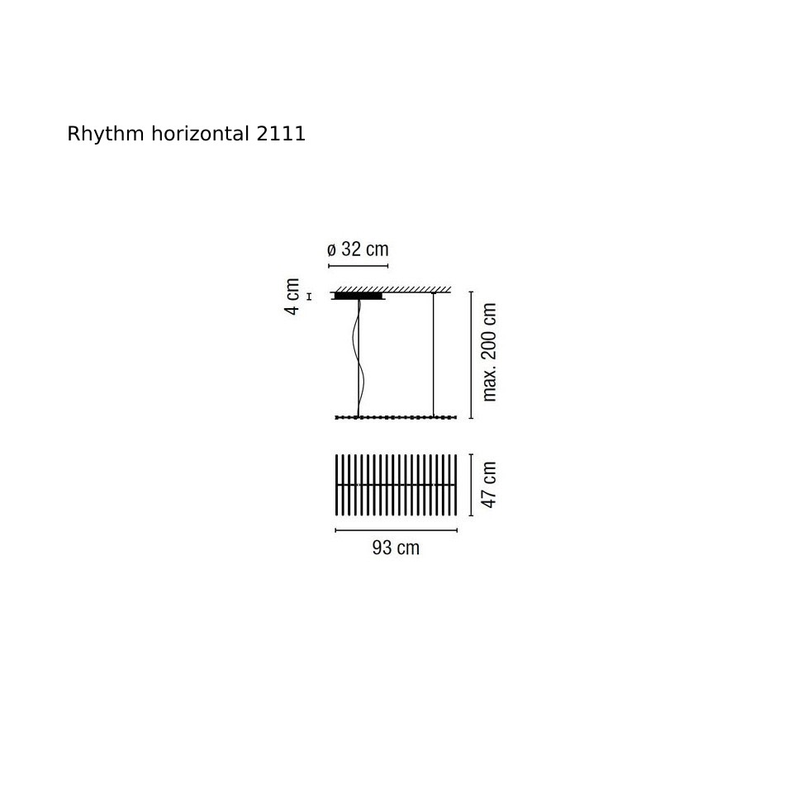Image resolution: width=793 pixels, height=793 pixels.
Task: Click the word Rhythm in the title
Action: click(x=106, y=135)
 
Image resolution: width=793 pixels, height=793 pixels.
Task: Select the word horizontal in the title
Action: click(x=200, y=134)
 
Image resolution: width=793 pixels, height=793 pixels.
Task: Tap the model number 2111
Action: click(x=281, y=134)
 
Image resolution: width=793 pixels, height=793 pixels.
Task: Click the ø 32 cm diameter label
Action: click(x=358, y=249)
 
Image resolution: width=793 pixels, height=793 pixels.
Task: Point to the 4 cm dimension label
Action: click(x=292, y=297)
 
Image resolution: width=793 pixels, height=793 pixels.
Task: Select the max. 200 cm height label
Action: click(x=489, y=352)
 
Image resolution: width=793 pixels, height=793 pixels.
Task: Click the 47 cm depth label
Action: click(x=488, y=485)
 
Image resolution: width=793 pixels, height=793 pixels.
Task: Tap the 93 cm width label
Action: click(x=396, y=548)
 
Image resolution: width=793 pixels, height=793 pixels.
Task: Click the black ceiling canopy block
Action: click(x=358, y=296)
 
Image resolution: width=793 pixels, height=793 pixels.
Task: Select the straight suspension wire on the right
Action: click(x=434, y=354)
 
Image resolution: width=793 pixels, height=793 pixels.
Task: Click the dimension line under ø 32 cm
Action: click(x=358, y=266)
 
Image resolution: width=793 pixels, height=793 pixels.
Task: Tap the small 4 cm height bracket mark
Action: click(x=309, y=297)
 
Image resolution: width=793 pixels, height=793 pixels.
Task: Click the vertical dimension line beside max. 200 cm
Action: click(x=472, y=355)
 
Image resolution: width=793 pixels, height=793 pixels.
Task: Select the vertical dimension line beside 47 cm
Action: click(x=472, y=485)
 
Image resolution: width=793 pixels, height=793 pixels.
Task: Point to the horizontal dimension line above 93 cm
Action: click(x=396, y=530)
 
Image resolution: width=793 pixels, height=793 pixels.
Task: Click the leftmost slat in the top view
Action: click(x=337, y=485)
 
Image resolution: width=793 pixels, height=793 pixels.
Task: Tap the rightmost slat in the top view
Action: click(x=456, y=485)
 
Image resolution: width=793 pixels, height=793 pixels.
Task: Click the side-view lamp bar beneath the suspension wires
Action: click(x=396, y=417)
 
